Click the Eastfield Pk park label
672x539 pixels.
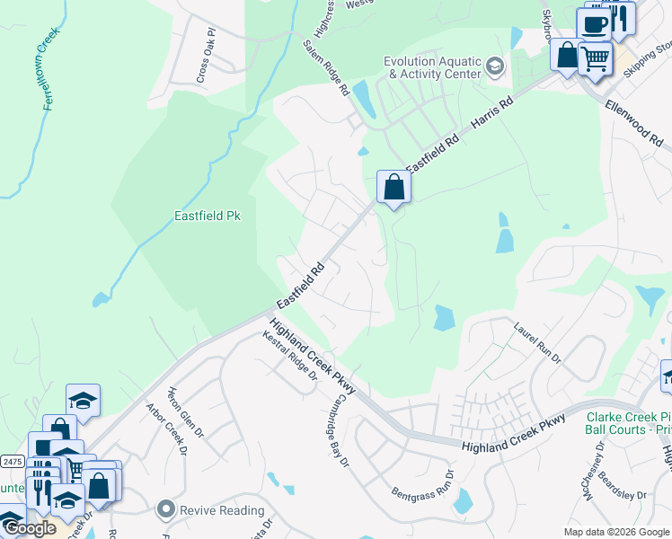(x=208, y=216)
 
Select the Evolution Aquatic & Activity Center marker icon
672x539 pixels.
(x=494, y=66)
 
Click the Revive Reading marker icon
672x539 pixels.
(x=165, y=510)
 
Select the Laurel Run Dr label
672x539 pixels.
(x=536, y=344)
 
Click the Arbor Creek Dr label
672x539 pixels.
(x=165, y=429)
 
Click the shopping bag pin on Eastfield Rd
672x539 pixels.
(x=393, y=187)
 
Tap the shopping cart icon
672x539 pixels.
(x=595, y=58)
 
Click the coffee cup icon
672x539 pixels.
(x=594, y=23)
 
